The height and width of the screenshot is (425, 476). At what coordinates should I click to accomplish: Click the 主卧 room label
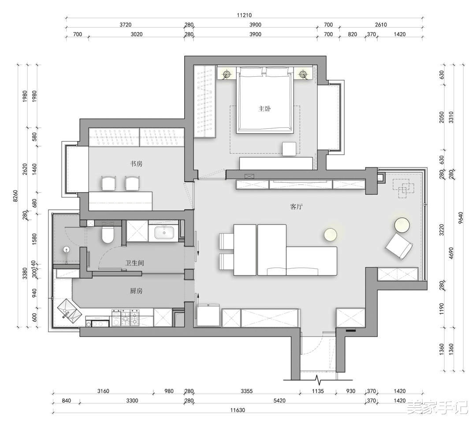point(264,109)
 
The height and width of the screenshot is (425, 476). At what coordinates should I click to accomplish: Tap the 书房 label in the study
point(136,164)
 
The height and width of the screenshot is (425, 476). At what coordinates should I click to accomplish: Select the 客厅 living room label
point(297,206)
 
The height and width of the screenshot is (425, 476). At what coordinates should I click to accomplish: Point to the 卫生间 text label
point(135,263)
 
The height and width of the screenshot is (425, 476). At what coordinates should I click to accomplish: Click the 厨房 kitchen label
point(136,291)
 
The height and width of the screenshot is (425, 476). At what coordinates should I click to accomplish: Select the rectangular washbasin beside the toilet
point(164,231)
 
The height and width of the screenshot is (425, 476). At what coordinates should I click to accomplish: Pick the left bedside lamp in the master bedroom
point(227,74)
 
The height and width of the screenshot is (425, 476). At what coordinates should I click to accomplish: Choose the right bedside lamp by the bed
point(303,74)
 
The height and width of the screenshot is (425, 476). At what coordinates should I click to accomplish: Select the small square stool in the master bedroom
point(290,149)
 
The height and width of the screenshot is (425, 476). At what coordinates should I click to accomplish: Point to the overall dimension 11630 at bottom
point(238,410)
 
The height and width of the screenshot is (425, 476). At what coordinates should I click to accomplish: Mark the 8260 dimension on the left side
point(15,196)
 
